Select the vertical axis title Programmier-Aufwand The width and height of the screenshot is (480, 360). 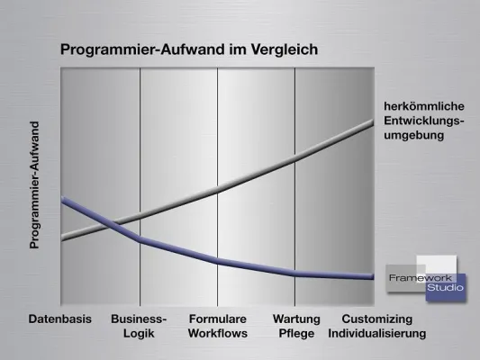(35, 184)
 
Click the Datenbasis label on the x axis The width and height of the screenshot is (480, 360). (60, 319)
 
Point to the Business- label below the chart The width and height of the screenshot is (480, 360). (139, 319)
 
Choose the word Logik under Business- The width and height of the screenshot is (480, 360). (139, 333)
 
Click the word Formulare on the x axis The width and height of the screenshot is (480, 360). (217, 319)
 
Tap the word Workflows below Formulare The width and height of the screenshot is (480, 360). (217, 333)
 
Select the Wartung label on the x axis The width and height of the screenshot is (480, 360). (296, 319)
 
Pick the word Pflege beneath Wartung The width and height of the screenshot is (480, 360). (296, 333)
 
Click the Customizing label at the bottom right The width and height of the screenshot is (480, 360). (376, 319)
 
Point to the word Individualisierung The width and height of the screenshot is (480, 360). (376, 333)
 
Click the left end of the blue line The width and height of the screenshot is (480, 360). (62, 200)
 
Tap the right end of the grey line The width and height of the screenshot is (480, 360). (372, 121)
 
